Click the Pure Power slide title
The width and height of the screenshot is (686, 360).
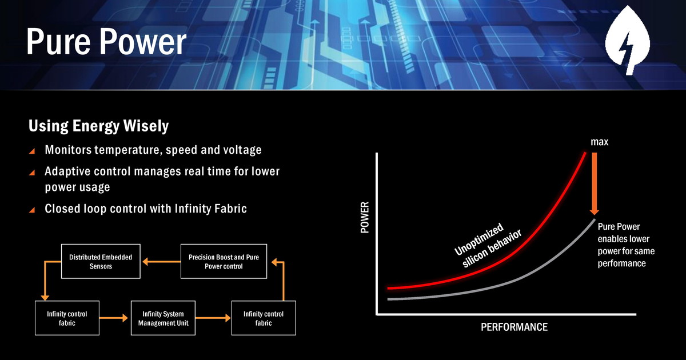click(x=106, y=42)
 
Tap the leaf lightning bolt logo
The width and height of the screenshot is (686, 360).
click(x=627, y=40)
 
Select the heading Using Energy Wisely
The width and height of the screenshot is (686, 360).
click(x=98, y=126)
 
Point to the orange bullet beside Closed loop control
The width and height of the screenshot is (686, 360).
click(x=32, y=210)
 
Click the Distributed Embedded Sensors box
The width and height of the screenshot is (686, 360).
click(x=101, y=261)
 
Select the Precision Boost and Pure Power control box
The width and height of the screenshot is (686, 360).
click(x=224, y=261)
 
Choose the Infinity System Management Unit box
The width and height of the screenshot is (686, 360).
click(x=163, y=318)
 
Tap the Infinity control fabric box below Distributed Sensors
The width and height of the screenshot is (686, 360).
click(x=67, y=318)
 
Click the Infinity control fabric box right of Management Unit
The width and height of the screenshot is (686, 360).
click(x=264, y=318)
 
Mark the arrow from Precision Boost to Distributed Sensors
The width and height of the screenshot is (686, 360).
click(x=161, y=262)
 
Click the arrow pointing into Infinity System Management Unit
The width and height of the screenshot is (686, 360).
click(x=114, y=318)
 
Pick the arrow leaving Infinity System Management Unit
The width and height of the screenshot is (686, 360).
click(x=213, y=318)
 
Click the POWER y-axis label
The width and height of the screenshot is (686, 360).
click(x=365, y=217)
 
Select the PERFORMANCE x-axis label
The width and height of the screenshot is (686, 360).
click(x=514, y=327)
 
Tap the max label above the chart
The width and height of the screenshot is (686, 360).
click(x=599, y=142)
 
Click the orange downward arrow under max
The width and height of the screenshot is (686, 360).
click(x=595, y=183)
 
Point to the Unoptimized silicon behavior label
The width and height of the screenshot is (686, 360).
click(x=488, y=245)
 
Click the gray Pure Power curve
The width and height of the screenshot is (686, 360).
click(x=521, y=278)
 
